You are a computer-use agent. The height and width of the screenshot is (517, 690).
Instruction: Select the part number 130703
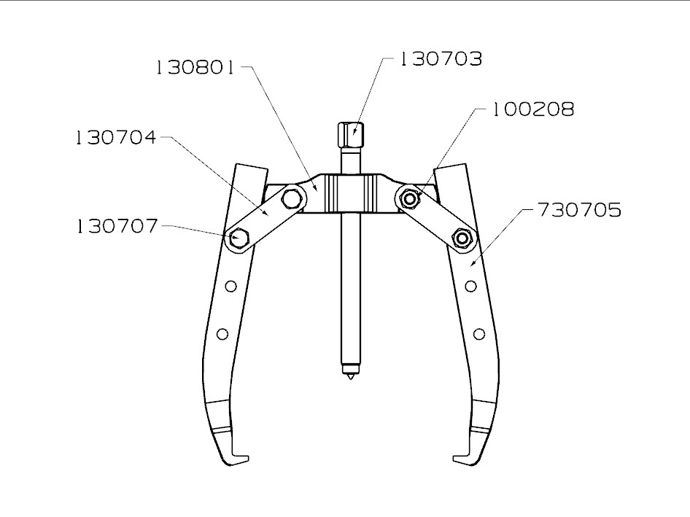pyautogui.click(x=441, y=59)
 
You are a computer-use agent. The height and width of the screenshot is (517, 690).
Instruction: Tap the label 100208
pyautogui.click(x=532, y=109)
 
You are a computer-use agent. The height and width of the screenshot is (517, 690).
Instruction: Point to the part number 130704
pyautogui.click(x=115, y=137)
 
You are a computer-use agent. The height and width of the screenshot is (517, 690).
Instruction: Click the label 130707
pyautogui.click(x=115, y=226)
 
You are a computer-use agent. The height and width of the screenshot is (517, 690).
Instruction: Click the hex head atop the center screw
pyautogui.click(x=350, y=134)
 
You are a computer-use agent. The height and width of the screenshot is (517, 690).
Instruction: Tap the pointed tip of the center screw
pyautogui.click(x=350, y=377)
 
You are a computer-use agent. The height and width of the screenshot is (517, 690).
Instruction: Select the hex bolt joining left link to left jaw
pyautogui.click(x=238, y=238)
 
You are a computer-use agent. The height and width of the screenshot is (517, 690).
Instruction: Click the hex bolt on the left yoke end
pyautogui.click(x=292, y=197)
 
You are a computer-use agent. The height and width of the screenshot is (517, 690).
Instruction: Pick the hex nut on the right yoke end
pyautogui.click(x=410, y=198)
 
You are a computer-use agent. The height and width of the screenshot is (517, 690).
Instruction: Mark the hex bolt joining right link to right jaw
pyautogui.click(x=460, y=238)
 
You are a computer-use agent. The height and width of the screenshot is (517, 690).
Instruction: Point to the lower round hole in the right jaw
pyautogui.click(x=478, y=334)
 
